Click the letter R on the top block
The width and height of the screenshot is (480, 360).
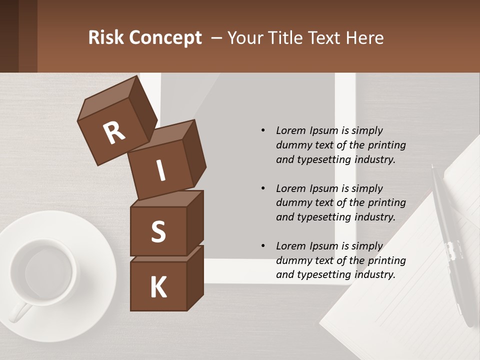point(114,133)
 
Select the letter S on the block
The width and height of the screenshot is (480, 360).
point(158,232)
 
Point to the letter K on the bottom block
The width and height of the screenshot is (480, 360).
point(158,287)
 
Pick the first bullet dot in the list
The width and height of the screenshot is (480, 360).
point(263,131)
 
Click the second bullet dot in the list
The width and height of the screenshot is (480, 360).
point(263,188)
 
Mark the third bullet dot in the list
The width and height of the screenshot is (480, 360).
point(263,246)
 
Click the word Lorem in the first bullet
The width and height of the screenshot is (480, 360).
point(291,130)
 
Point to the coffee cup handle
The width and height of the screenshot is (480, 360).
point(19,313)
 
